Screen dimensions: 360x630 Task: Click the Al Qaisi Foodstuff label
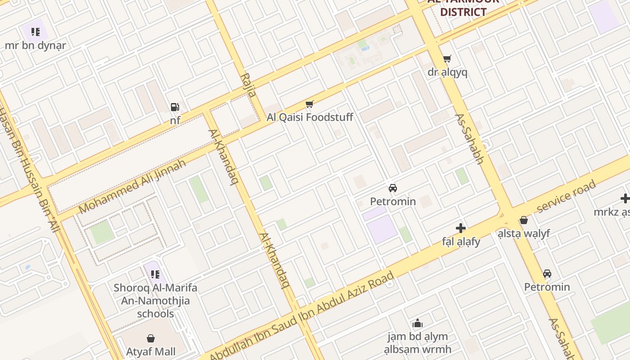pos(310,117)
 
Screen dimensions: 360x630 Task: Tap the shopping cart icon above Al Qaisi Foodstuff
pos(309,104)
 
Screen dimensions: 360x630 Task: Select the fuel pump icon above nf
pos(175,107)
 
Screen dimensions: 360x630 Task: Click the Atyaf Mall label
pos(151,351)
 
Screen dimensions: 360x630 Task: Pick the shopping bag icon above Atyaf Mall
pos(151,338)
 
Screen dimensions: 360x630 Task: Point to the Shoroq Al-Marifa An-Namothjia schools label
pos(155,300)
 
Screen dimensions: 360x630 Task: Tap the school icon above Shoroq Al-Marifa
pos(155,274)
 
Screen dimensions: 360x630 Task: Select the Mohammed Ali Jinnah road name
pos(132,186)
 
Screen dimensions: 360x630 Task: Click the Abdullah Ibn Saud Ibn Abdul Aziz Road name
pos(302,313)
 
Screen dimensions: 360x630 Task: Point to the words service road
pos(566,196)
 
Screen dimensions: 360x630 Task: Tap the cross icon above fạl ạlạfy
pos(460,228)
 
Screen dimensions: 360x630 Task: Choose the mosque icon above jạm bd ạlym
pos(418,323)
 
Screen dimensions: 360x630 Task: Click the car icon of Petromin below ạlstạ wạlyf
pos(547,274)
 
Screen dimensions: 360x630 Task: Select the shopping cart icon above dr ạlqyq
pos(447,59)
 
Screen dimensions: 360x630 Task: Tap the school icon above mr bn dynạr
pos(36,32)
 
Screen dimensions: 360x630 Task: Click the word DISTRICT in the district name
pos(463,12)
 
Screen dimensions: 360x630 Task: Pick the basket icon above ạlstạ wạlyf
pos(523,220)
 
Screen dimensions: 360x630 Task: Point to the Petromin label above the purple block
pos(393,201)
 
